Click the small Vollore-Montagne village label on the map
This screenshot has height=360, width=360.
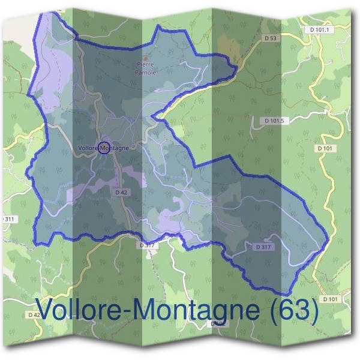(104, 147)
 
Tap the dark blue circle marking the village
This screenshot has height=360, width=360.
(104, 148)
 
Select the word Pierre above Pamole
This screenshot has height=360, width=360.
(146, 64)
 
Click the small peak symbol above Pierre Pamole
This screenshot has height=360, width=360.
(145, 58)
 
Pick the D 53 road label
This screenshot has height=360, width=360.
(272, 38)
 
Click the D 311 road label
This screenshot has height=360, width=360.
(8, 220)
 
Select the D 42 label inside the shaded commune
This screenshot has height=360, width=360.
(120, 192)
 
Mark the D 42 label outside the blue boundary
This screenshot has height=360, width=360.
(34, 314)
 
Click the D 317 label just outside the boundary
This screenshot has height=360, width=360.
(148, 245)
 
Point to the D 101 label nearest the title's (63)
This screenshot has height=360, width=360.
(331, 298)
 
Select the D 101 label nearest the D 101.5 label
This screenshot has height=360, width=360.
(325, 148)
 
